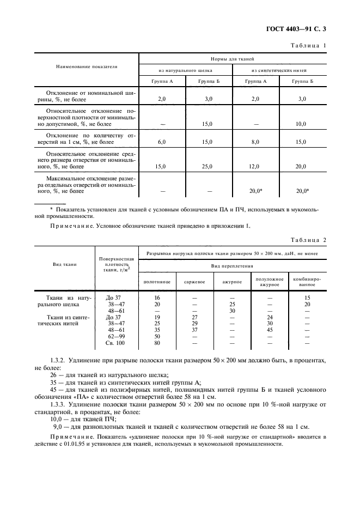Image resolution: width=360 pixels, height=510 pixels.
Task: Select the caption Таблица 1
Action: tap(307, 45)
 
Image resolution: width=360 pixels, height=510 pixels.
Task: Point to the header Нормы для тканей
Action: tap(233, 58)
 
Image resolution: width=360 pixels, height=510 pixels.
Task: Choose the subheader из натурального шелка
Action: tap(186, 70)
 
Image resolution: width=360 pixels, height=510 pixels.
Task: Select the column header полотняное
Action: tap(157, 282)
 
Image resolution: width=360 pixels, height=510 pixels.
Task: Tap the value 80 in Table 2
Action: tap(157, 343)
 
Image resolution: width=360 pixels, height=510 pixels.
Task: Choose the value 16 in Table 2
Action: tap(157, 298)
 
